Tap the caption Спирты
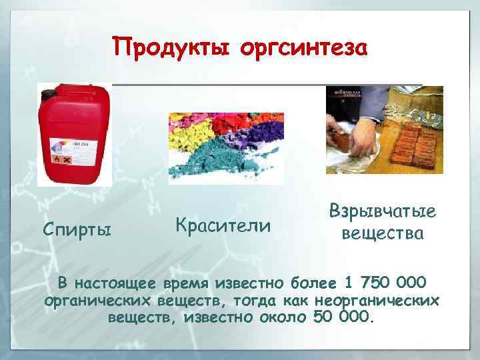(x=77, y=230)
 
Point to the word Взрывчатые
(x=382, y=212)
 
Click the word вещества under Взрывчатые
(x=382, y=234)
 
